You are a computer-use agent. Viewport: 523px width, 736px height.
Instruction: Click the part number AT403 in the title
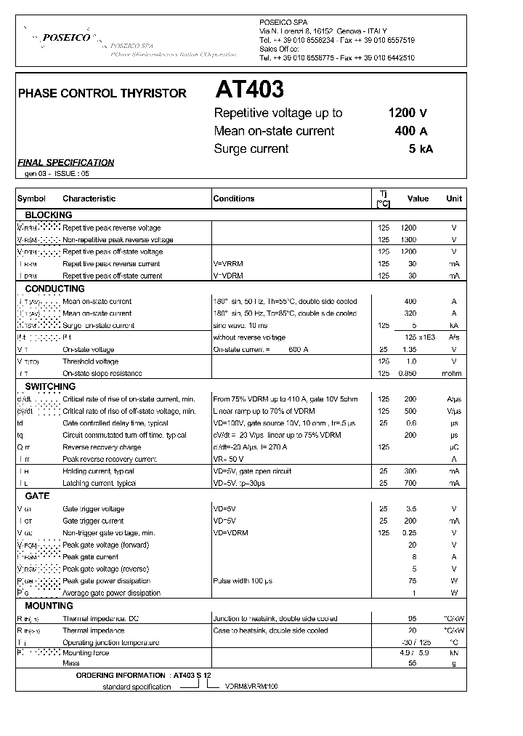[249, 90]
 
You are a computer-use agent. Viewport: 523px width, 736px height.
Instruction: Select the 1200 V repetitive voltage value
[408, 113]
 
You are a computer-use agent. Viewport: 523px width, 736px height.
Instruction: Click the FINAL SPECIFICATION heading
[65, 163]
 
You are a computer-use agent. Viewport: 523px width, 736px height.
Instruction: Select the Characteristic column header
[89, 199]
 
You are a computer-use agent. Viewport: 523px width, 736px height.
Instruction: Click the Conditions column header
[234, 199]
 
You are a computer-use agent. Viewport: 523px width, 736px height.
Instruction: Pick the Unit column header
[454, 199]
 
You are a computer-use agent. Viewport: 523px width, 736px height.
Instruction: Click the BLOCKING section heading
[49, 215]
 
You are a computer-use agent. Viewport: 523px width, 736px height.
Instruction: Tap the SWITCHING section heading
[50, 387]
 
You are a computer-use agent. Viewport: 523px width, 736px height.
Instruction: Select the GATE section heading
[37, 496]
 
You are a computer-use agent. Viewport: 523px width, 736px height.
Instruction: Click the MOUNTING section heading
[49, 606]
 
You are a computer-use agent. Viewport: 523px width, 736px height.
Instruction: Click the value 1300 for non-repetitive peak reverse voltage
[409, 240]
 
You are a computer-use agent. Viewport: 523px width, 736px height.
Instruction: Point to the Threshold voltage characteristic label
[91, 361]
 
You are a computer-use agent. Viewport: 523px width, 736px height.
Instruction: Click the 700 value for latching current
[411, 484]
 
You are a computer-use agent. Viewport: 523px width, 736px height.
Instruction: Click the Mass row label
[71, 664]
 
